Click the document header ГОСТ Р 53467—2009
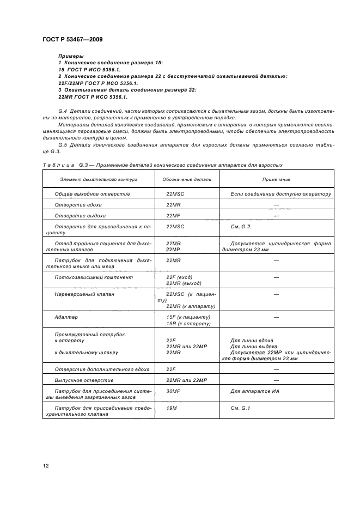coord(72,39)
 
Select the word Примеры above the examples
coord(71,56)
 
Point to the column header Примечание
coord(276,179)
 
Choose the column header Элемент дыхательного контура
coord(99,179)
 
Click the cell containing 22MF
coord(174,215)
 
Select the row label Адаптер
coord(66,317)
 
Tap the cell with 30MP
coord(174,391)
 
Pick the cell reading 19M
coord(172,407)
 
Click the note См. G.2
coord(240,226)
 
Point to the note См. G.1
coord(240,407)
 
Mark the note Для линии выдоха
coord(254,347)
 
